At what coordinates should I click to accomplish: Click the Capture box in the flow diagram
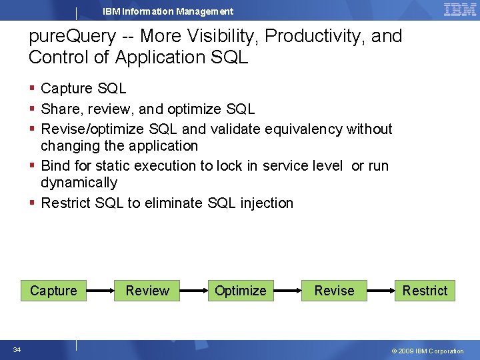53,291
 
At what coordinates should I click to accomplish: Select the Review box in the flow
147,291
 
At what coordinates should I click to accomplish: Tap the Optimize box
240,291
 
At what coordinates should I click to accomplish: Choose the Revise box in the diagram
334,291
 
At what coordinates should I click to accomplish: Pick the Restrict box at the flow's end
425,291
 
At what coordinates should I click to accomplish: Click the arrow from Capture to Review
101,291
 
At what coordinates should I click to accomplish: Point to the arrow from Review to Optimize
194,291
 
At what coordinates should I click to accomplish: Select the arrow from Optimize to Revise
287,291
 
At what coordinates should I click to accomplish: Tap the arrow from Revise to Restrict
381,291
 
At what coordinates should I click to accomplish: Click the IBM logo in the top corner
459,9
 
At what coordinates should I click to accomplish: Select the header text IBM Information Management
168,11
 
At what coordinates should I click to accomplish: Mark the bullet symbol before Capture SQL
33,89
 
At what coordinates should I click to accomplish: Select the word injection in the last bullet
266,203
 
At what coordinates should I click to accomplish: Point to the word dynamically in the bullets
79,183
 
